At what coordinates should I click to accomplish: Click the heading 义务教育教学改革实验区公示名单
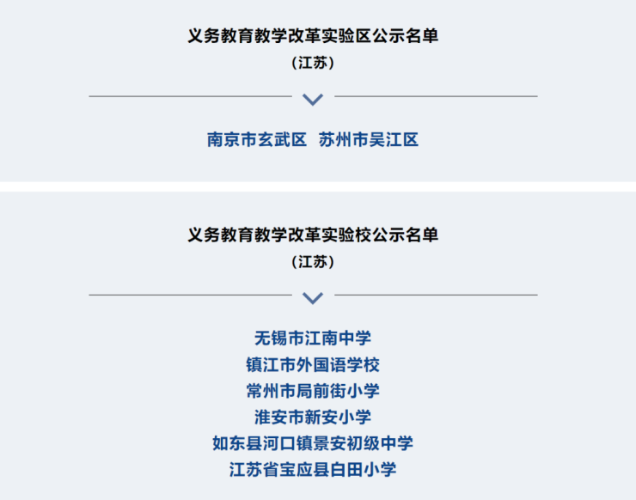click(x=313, y=36)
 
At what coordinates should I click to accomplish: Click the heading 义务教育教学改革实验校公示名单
click(x=313, y=235)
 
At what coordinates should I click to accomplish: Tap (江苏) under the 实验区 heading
click(x=313, y=63)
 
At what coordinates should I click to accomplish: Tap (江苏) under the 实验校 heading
click(x=313, y=262)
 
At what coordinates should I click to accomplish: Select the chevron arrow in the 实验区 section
click(x=313, y=100)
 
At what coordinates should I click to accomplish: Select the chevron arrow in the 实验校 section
click(x=313, y=298)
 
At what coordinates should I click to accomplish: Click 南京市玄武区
click(x=257, y=140)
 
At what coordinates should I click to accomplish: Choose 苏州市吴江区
click(x=369, y=140)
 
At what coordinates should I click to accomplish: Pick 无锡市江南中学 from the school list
click(x=313, y=338)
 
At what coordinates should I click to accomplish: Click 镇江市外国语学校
click(x=313, y=364)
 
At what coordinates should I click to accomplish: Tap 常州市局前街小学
click(x=313, y=391)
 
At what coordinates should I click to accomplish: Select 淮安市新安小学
click(x=313, y=417)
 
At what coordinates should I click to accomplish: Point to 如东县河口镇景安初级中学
click(x=313, y=443)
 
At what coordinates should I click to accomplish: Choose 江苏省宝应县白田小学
click(x=313, y=470)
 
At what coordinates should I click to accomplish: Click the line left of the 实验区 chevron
click(x=190, y=96)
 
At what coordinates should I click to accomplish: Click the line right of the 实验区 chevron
click(x=436, y=96)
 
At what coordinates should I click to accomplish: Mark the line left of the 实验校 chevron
click(x=190, y=296)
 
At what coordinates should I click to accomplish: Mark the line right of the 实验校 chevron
click(x=436, y=296)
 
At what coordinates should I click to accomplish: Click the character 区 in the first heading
click(x=363, y=36)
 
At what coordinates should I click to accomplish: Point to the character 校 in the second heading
click(x=363, y=235)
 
